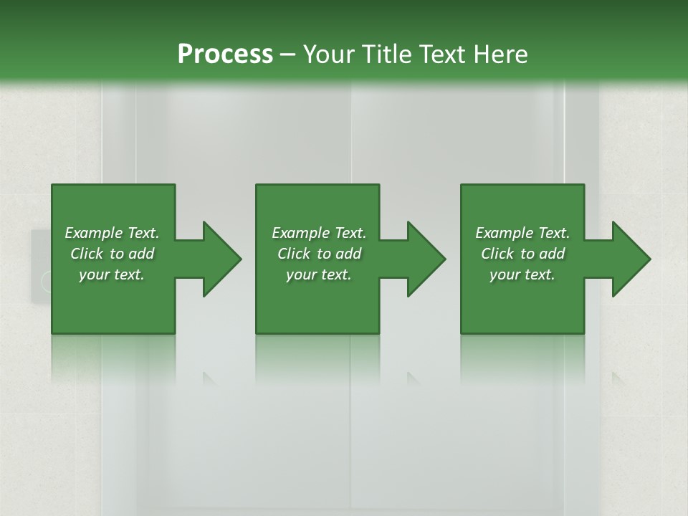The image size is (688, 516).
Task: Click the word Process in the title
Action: (x=225, y=54)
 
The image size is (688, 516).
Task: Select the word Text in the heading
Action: (x=442, y=54)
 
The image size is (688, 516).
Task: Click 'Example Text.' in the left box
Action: (x=112, y=233)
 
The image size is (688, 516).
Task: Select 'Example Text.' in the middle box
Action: (x=318, y=233)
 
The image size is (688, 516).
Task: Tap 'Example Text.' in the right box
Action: (x=522, y=233)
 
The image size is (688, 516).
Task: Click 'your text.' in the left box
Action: (x=112, y=274)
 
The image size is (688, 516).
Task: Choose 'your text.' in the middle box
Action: (x=318, y=274)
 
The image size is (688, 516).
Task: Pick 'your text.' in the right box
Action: (x=522, y=274)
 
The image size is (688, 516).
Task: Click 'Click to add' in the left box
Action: (x=112, y=254)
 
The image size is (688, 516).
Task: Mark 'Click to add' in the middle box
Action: (x=318, y=254)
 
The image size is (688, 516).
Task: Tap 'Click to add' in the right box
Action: (x=522, y=254)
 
